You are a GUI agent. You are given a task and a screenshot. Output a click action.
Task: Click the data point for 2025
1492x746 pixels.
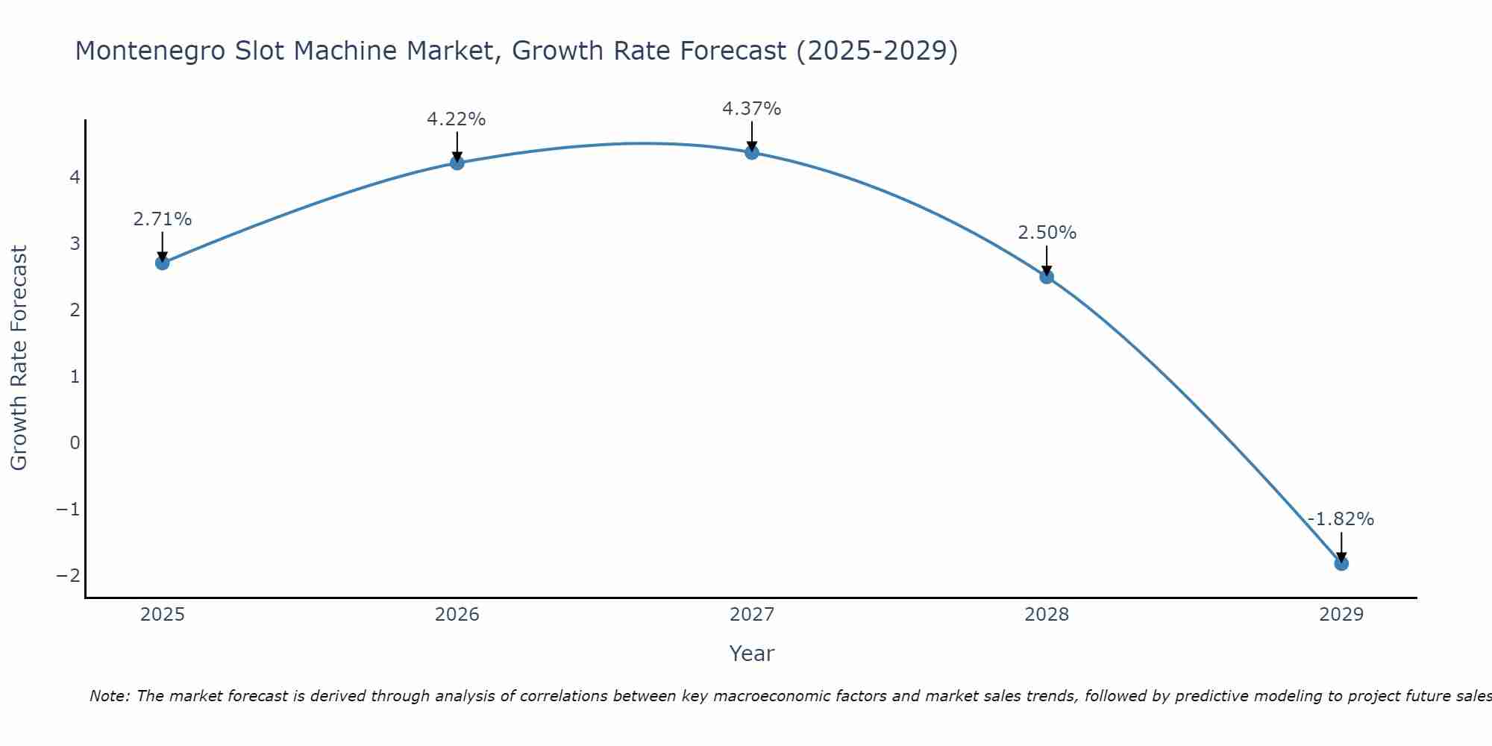[163, 263]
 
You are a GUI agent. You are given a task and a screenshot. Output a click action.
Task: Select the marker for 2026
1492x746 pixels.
[457, 163]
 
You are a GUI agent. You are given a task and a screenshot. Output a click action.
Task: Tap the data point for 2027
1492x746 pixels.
[752, 152]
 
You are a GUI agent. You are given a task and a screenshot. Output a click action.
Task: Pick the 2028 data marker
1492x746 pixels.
[1047, 277]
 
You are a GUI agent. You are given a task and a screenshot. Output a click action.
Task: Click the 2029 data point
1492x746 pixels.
[1341, 563]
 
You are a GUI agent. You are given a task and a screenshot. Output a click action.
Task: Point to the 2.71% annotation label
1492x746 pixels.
[163, 219]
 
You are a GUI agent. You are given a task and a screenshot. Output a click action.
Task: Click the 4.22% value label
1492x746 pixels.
[457, 119]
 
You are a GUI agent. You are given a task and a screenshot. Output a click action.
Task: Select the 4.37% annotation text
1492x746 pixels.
[751, 109]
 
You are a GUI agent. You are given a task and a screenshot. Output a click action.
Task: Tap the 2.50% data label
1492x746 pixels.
[1047, 233]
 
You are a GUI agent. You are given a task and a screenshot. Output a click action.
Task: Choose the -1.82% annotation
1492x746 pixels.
[1341, 519]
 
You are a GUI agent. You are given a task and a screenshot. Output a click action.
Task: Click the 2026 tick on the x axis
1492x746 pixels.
[457, 615]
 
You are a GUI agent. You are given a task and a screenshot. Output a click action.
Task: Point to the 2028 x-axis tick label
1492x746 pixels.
[1047, 615]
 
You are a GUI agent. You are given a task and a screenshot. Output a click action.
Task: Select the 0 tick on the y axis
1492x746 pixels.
[75, 443]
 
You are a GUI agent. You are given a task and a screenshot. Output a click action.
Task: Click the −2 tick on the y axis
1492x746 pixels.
[68, 576]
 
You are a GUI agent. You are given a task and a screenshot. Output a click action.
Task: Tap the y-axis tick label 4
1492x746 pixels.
[75, 178]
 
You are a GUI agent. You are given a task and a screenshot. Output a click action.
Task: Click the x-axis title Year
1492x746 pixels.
[751, 653]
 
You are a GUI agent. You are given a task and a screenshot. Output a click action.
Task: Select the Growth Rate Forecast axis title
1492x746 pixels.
[19, 358]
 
